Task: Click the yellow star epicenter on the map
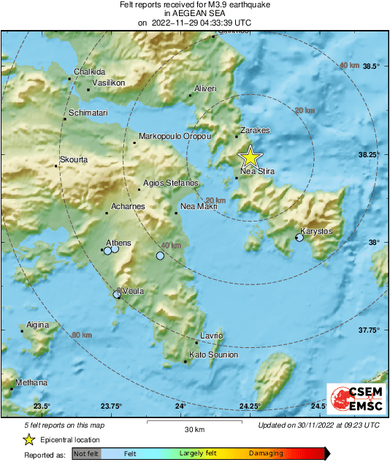tap(251, 156)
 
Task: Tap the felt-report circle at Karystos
tap(299, 238)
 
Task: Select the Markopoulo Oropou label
tap(175, 137)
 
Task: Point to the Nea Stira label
tap(257, 173)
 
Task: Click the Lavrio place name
tap(211, 336)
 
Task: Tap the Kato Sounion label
tap(213, 355)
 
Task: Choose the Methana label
tap(32, 382)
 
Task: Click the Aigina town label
tap(37, 325)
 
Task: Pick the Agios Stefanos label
tap(170, 183)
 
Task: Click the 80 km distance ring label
tap(83, 335)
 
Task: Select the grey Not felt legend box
tap(86, 454)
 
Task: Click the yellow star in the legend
tap(28, 439)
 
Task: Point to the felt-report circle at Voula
tap(118, 295)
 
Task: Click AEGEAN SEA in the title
tap(194, 13)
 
